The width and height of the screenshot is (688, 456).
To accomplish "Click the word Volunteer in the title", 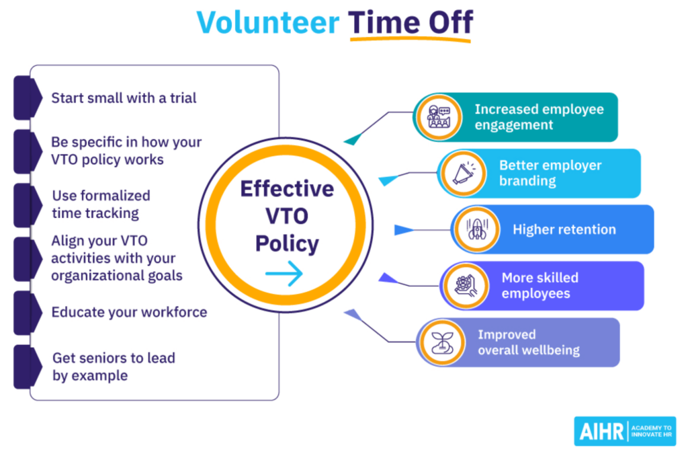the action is coord(267,22).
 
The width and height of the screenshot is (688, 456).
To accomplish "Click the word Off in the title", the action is coord(451,22).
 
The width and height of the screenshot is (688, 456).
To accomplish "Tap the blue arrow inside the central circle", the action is coord(284,273).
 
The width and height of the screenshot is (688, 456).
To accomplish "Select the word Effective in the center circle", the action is coord(287,189).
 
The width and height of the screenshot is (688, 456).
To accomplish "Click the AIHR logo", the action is coord(625,431).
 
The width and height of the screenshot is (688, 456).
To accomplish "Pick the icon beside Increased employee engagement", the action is coord(439,117).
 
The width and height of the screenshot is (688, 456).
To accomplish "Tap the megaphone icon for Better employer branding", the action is coord(464,173).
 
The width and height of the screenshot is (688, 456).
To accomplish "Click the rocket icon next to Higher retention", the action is coord(477,229).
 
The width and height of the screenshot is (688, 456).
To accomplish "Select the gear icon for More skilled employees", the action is coord(466,286).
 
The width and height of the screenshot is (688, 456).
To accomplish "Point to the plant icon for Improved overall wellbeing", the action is coord(442,342).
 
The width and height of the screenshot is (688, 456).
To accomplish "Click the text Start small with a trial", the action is coord(124,98).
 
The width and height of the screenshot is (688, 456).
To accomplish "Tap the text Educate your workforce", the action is coord(129,312).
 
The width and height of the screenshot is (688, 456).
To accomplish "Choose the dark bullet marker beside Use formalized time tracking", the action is coord(28,205).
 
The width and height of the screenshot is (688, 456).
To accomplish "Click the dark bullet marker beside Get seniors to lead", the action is coord(28,367).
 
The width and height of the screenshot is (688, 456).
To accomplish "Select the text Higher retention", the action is coord(564,229).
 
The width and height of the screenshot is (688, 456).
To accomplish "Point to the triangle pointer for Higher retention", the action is coord(403,230).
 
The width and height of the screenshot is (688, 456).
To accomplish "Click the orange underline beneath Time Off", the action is coord(411,39).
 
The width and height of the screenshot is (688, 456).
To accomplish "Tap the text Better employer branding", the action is coord(550,173).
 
